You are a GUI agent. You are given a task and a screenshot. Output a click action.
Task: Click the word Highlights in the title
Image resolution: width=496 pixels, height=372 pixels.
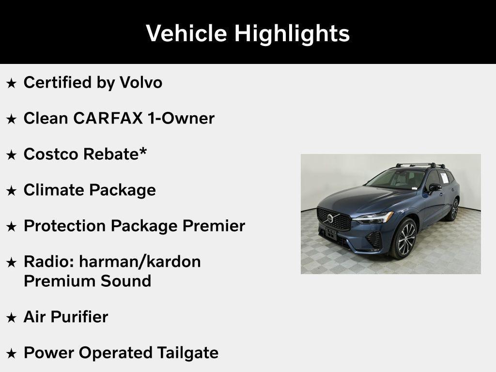pyautogui.click(x=292, y=33)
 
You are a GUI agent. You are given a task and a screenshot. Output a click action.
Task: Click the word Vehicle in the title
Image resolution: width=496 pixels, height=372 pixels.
pyautogui.click(x=187, y=33)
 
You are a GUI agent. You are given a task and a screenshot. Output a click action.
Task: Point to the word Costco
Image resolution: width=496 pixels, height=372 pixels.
pyautogui.click(x=51, y=154)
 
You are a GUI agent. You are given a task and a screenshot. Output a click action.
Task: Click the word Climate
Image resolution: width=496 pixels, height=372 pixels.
pyautogui.click(x=52, y=190)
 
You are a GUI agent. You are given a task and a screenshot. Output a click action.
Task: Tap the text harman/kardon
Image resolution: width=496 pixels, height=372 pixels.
pyautogui.click(x=139, y=262)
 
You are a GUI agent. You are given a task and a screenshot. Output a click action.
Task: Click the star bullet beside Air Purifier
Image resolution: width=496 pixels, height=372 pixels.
pyautogui.click(x=12, y=318)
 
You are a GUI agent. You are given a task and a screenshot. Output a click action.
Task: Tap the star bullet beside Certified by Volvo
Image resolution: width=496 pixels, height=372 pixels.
pyautogui.click(x=12, y=83)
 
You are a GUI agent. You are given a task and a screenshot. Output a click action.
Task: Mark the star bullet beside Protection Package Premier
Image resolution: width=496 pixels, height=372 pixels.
pyautogui.click(x=12, y=227)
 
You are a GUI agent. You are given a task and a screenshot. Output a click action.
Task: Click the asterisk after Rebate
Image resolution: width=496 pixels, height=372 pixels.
pyautogui.click(x=143, y=151)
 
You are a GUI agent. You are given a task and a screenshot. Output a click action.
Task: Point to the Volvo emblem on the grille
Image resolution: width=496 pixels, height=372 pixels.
pyautogui.click(x=330, y=218)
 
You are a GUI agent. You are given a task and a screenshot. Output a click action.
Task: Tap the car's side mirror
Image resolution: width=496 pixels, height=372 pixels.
pyautogui.click(x=434, y=187)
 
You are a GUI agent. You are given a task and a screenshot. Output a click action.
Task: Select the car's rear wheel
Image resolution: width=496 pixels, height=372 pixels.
pyautogui.click(x=454, y=209)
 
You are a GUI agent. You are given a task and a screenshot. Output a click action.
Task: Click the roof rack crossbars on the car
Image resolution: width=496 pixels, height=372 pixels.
pyautogui.click(x=419, y=165)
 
